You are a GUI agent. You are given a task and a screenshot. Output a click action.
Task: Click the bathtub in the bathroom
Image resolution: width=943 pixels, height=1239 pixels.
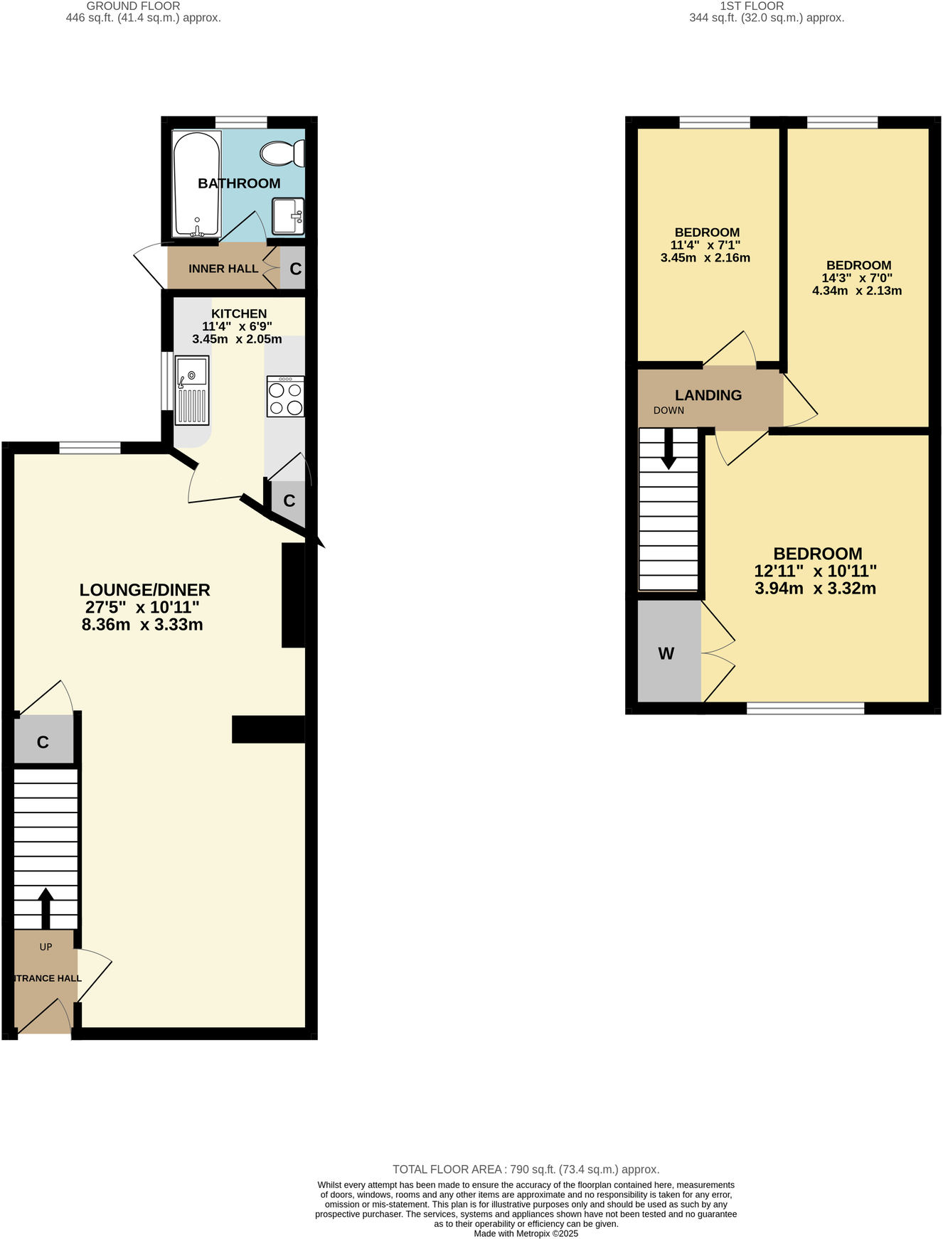pos(196,184)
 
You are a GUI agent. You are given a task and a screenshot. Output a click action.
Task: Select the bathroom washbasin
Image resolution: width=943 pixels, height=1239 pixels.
pos(288,216)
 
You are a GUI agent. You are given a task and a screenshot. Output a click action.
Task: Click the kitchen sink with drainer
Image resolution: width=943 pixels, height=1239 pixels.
pos(192,390)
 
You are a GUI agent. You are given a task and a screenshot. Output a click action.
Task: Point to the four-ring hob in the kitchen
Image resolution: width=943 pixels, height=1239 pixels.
pos(285,397)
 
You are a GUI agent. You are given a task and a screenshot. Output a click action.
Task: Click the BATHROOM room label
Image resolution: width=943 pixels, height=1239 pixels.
pos(239,183)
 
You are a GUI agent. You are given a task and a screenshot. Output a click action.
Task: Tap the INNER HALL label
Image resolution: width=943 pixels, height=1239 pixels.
pos(223,269)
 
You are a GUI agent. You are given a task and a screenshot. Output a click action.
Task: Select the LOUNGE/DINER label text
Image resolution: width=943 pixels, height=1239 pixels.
pos(144,590)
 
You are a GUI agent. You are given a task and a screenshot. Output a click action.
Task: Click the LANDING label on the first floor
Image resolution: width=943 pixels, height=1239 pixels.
pos(708,395)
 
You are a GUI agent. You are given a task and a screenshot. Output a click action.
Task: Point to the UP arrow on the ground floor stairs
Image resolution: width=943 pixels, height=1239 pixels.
pos(46,906)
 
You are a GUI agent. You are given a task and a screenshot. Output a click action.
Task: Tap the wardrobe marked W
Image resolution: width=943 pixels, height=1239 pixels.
pos(666,653)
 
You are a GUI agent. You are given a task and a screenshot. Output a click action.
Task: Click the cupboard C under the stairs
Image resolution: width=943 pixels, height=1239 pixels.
pos(43,742)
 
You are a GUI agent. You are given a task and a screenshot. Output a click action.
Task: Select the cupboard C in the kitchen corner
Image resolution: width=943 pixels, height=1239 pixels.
pos(289,501)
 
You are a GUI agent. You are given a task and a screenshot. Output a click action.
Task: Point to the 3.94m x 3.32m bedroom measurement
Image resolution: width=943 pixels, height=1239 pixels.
pos(815,589)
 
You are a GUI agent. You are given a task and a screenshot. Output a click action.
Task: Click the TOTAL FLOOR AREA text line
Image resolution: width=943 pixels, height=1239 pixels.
pos(526,1169)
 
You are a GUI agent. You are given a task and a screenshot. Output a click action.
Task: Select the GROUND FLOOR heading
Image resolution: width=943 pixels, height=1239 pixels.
pos(133,6)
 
